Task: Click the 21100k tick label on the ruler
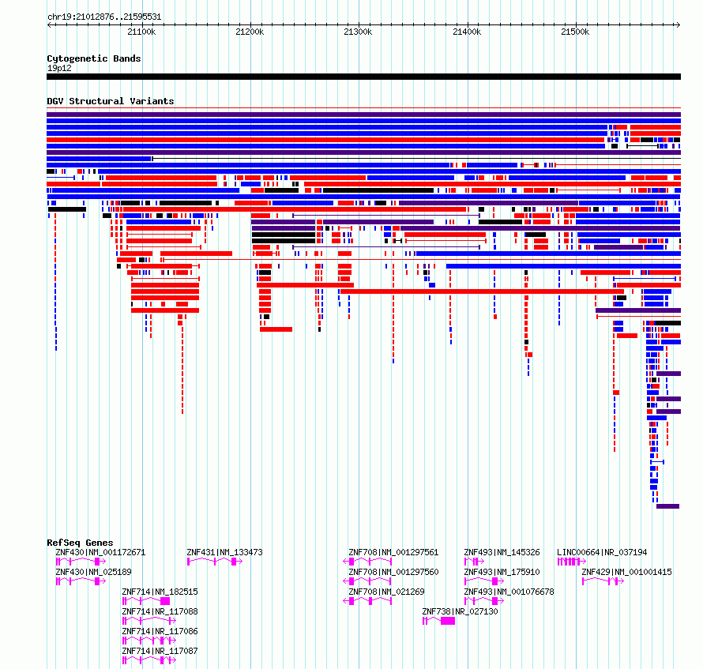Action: pyautogui.click(x=141, y=32)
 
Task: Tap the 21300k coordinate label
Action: pyautogui.click(x=358, y=32)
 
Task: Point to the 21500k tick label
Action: pyautogui.click(x=575, y=32)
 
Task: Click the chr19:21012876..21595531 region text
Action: pyautogui.click(x=104, y=17)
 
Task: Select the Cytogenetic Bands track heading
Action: pyautogui.click(x=94, y=58)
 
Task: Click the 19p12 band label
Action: pyautogui.click(x=59, y=68)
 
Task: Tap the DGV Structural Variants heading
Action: pyautogui.click(x=111, y=101)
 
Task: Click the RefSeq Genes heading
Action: pyautogui.click(x=80, y=543)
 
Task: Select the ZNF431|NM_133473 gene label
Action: pyautogui.click(x=224, y=552)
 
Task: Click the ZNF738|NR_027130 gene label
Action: pyautogui.click(x=460, y=611)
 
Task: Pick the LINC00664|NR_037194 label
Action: pyautogui.click(x=602, y=552)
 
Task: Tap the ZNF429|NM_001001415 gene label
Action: pyautogui.click(x=627, y=572)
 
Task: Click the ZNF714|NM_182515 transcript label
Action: pyautogui.click(x=160, y=592)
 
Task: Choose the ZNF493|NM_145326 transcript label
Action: pyautogui.click(x=502, y=552)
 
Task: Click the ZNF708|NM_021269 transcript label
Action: pyautogui.click(x=386, y=592)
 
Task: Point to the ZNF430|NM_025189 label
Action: pyautogui.click(x=94, y=572)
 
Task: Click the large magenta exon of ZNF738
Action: pyautogui.click(x=448, y=621)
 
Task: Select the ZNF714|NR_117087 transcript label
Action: pyautogui.click(x=160, y=651)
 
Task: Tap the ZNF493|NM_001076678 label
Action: pyautogui.click(x=509, y=592)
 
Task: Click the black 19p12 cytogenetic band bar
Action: pyautogui.click(x=363, y=77)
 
